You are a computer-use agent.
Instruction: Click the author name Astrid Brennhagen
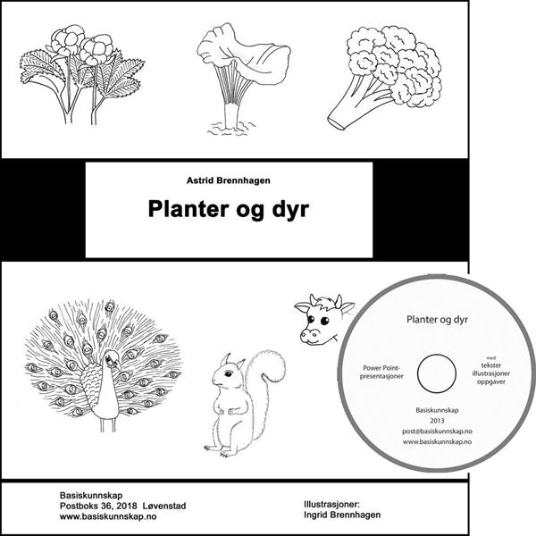point(229,180)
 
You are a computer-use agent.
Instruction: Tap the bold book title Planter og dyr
point(229,209)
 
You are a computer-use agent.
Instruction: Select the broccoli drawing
point(384,78)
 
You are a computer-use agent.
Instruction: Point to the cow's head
point(323,320)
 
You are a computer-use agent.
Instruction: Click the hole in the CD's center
point(437,373)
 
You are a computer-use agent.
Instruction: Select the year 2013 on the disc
point(437,421)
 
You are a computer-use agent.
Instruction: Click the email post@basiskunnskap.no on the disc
point(437,431)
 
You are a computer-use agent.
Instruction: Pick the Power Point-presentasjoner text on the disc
point(381,372)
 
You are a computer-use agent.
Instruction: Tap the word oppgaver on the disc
point(491,381)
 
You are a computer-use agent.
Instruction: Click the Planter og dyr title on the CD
point(437,320)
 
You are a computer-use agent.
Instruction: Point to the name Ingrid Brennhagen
point(342,515)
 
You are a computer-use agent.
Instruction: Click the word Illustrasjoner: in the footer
point(332,504)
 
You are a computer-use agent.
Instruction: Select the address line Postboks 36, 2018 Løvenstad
point(123,506)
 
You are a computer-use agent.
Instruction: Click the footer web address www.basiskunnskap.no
point(108,516)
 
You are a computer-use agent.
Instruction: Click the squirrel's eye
point(228,373)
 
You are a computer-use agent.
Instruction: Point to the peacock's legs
point(109,424)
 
